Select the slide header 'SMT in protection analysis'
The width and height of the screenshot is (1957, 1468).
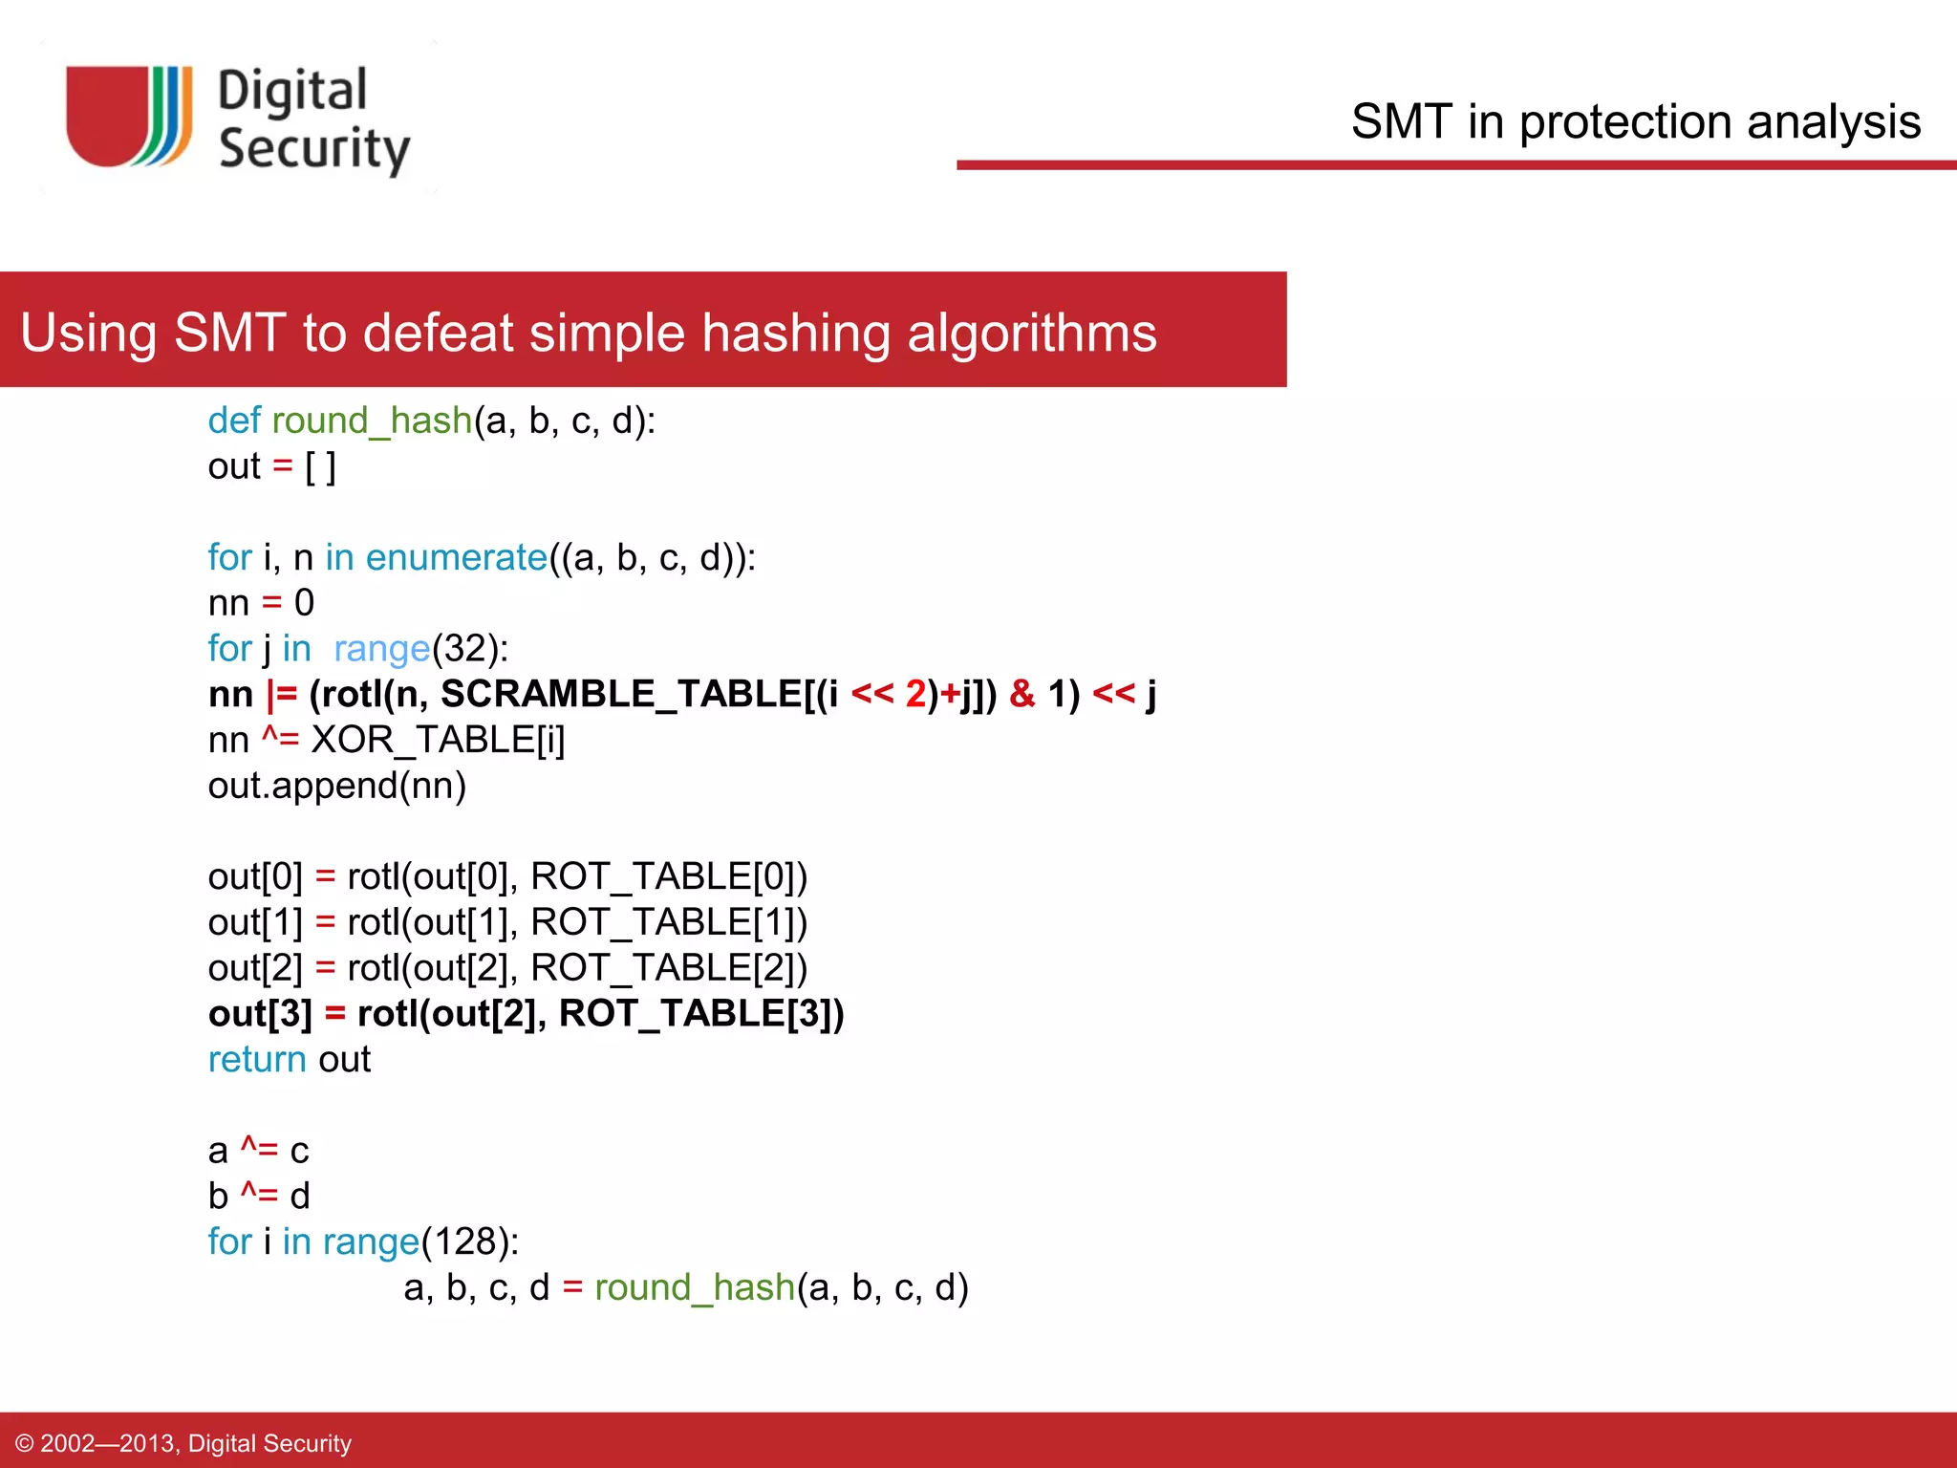(x=1635, y=122)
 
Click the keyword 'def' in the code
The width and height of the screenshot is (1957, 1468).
(x=234, y=421)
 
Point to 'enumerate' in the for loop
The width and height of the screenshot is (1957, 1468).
(x=456, y=557)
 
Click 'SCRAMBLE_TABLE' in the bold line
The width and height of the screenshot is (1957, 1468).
(x=621, y=694)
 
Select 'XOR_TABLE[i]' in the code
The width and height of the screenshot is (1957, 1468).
(x=438, y=740)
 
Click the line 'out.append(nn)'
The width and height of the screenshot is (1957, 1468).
(x=336, y=786)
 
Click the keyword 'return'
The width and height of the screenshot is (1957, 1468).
(x=256, y=1059)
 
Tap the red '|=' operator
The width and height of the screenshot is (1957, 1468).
(x=282, y=694)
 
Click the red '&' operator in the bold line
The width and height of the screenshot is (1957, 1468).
(x=1022, y=694)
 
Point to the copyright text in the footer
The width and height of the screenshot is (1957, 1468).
(x=183, y=1442)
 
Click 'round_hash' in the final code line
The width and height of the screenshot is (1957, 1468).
(x=694, y=1287)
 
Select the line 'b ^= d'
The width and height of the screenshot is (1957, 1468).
(x=258, y=1196)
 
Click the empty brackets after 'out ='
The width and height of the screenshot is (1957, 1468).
(x=320, y=466)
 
